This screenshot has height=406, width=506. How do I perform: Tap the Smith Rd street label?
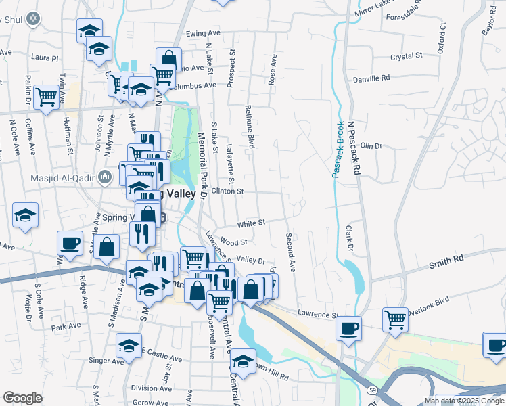(446, 259)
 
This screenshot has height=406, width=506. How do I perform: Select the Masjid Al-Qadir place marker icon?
(105, 177)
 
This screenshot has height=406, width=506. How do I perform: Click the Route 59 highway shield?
(372, 390)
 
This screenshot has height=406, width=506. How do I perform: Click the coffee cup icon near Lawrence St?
(348, 328)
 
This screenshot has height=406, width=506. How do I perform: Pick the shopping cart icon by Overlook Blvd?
(395, 319)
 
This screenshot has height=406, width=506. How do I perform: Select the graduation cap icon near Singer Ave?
(129, 345)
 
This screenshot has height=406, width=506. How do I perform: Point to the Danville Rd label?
(372, 79)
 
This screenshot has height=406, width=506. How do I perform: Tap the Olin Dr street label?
(371, 145)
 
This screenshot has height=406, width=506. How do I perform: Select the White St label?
(251, 222)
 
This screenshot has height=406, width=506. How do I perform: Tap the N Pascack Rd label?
(352, 149)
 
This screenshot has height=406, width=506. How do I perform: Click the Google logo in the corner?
(23, 398)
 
